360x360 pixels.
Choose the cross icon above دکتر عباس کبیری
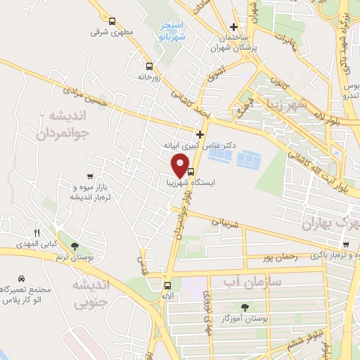tap(200, 134)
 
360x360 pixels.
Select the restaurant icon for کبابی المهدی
tap(37, 233)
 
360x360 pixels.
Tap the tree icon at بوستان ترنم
tap(74, 245)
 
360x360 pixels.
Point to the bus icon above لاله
tap(167, 285)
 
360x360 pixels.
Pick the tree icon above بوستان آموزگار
tap(245, 307)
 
